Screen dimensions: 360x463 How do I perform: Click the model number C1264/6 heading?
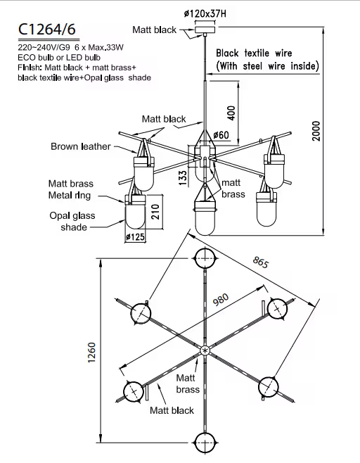point(47,30)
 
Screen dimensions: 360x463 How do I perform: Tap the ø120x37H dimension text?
point(205,13)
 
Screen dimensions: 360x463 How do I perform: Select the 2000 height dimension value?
point(316,131)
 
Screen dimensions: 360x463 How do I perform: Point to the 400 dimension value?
point(231,113)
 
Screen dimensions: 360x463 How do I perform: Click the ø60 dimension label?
point(221,135)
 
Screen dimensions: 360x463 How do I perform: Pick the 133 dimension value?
point(183,178)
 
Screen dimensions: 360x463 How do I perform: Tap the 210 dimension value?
point(155,211)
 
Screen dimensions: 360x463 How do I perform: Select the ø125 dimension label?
point(135,237)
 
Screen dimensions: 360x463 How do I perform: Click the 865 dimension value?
point(261,262)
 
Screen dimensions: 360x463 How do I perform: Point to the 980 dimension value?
point(221,300)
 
